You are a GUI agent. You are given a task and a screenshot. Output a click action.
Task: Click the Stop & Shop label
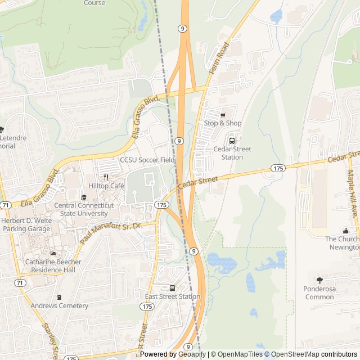coord(222,123)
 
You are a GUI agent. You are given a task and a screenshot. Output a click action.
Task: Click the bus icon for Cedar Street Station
coord(232,141)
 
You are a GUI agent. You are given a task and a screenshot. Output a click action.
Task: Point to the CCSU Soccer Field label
coord(147,160)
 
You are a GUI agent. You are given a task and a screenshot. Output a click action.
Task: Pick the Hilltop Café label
coord(106,186)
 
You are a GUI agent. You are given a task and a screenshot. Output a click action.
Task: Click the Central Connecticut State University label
coord(84,209)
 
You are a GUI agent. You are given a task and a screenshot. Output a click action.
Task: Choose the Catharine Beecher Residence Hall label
coord(53,265)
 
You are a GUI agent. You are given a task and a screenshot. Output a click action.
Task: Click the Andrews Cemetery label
coord(59,306)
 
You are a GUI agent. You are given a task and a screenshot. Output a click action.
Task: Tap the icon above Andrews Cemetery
coord(59,297)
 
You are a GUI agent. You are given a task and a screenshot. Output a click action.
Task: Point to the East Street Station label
coord(172,296)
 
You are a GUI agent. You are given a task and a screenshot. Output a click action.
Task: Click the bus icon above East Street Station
coord(172,288)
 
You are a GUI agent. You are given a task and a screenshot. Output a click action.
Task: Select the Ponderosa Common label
coord(319,292)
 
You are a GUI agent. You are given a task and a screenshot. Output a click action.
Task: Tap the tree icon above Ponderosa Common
coord(319,280)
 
